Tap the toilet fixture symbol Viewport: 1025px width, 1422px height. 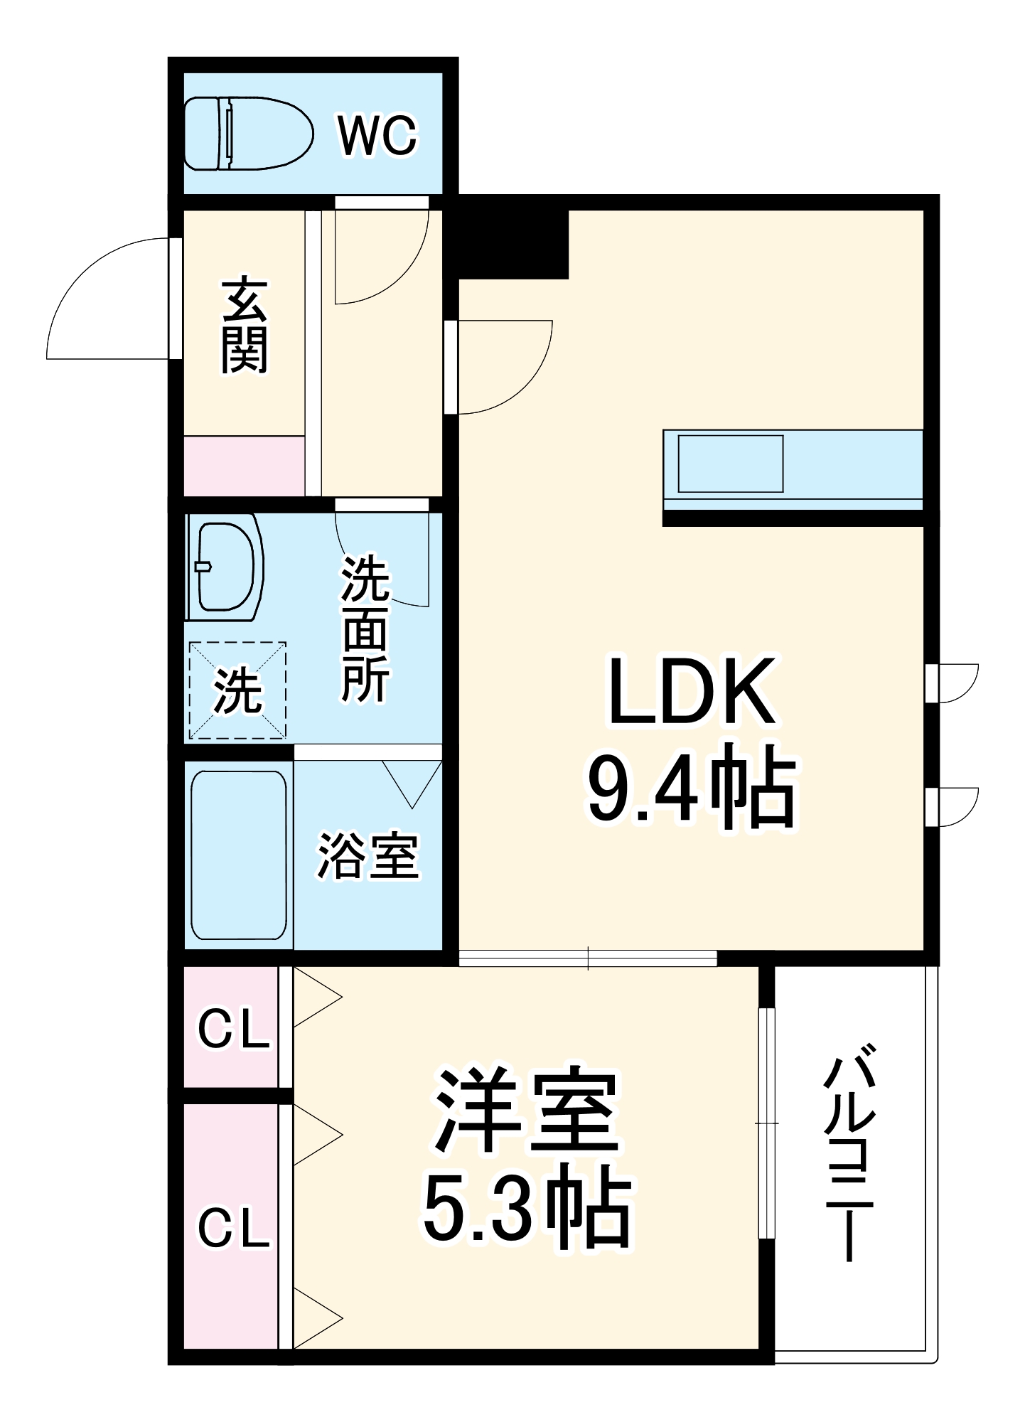click(x=248, y=134)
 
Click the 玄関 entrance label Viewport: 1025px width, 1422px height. click(x=244, y=326)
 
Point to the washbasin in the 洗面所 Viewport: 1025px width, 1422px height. click(x=225, y=567)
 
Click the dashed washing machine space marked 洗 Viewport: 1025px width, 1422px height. click(x=237, y=690)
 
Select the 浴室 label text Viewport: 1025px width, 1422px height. click(x=367, y=855)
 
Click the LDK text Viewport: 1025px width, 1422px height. click(x=691, y=692)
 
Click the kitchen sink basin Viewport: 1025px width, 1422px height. click(x=730, y=464)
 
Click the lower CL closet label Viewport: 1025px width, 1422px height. click(x=233, y=1228)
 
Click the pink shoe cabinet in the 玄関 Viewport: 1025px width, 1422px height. click(x=244, y=466)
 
